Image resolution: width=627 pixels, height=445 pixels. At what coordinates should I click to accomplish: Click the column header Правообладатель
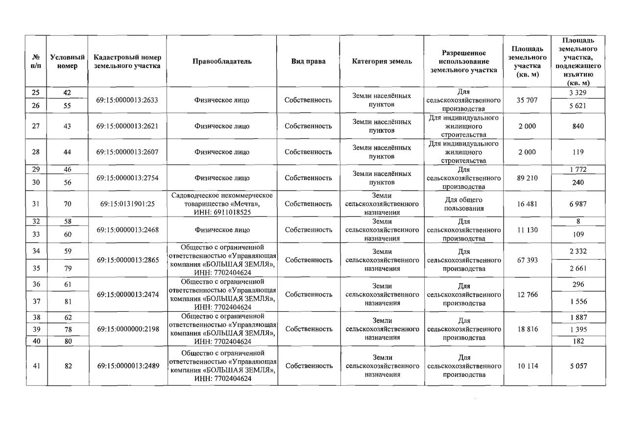pyautogui.click(x=222, y=61)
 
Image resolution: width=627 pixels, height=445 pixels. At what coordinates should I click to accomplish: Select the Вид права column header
pyautogui.click(x=308, y=61)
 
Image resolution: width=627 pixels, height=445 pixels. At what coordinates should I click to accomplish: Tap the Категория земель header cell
pyautogui.click(x=382, y=61)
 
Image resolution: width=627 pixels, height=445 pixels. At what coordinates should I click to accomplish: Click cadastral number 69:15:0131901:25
pyautogui.click(x=127, y=204)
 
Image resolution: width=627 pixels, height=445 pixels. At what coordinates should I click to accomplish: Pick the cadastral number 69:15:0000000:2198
pyautogui.click(x=127, y=329)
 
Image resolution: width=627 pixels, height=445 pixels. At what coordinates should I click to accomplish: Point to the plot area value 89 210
pyautogui.click(x=527, y=178)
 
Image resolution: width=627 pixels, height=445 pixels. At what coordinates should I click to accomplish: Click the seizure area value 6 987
pyautogui.click(x=578, y=204)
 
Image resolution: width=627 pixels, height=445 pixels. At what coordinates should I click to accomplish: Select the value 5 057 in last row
pyautogui.click(x=578, y=366)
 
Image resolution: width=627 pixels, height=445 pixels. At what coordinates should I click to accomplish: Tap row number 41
pyautogui.click(x=36, y=366)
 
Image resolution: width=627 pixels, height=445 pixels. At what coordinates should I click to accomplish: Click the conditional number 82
pyautogui.click(x=67, y=366)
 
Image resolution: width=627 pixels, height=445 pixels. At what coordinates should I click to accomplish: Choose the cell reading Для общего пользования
pyautogui.click(x=463, y=204)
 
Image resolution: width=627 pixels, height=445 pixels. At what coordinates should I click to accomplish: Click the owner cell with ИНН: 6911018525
pyautogui.click(x=222, y=204)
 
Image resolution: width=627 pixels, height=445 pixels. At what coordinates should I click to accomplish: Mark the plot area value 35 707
pyautogui.click(x=527, y=100)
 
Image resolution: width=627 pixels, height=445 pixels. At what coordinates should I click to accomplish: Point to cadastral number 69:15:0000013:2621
pyautogui.click(x=127, y=126)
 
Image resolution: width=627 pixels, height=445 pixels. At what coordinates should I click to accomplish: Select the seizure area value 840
pyautogui.click(x=578, y=126)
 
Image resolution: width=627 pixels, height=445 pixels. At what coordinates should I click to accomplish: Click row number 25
pyautogui.click(x=36, y=93)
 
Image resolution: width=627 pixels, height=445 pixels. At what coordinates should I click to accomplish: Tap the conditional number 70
pyautogui.click(x=67, y=204)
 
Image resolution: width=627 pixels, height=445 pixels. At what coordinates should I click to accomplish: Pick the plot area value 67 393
pyautogui.click(x=527, y=260)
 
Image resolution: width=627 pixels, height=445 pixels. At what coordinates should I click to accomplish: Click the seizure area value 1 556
pyautogui.click(x=578, y=302)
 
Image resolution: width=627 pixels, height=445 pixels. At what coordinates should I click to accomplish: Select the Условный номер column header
pyautogui.click(x=67, y=61)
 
